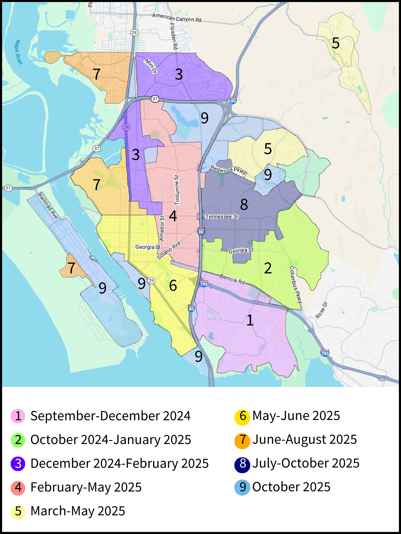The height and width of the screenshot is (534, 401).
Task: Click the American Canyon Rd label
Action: coord(176,18)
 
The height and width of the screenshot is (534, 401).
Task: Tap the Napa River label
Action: coord(18,52)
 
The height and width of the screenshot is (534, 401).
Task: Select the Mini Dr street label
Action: coord(151,66)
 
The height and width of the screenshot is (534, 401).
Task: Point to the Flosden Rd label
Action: coord(173,36)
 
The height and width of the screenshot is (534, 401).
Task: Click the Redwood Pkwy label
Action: coord(229,170)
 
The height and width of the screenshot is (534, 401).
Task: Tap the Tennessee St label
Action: coord(222,217)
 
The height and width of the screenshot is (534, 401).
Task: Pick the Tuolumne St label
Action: coord(177,190)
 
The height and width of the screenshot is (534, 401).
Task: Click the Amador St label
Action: coord(162,228)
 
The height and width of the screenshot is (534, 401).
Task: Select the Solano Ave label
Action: coord(169,250)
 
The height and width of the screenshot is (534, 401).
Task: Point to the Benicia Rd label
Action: coord(232,279)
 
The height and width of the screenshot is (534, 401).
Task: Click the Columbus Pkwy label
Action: coord(296,284)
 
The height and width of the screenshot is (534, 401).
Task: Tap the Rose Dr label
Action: coord(321,310)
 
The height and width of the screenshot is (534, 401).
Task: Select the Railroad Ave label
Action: coord(48,206)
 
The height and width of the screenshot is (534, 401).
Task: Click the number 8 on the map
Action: coord(244,205)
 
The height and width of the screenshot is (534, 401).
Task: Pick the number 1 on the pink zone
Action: coord(250,320)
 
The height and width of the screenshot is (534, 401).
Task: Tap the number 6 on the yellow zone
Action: coord(173,286)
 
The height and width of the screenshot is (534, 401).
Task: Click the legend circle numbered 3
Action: coord(18,464)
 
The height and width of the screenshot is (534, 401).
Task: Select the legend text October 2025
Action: coord(291,487)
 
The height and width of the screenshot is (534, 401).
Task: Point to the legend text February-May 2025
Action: coord(86,487)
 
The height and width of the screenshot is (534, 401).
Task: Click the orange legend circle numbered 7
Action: coord(242,440)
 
